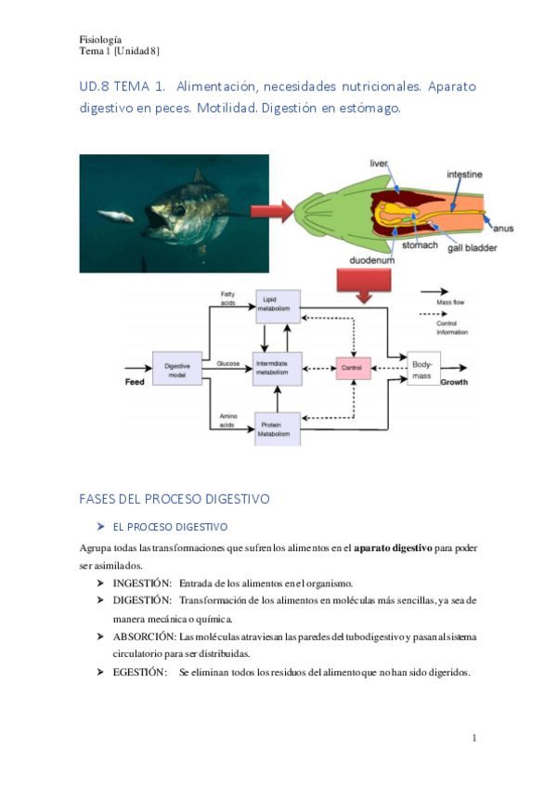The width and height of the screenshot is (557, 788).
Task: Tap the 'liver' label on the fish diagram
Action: pyautogui.click(x=379, y=164)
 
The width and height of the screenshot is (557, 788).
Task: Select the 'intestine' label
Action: pyautogui.click(x=464, y=174)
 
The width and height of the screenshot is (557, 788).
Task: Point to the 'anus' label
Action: pyautogui.click(x=504, y=227)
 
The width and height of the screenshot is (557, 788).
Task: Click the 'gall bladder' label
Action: pyautogui.click(x=472, y=248)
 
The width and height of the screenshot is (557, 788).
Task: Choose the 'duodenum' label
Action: pyautogui.click(x=372, y=261)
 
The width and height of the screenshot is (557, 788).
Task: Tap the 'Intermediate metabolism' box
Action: pyautogui.click(x=277, y=369)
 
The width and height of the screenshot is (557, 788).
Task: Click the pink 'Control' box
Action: pyautogui.click(x=351, y=369)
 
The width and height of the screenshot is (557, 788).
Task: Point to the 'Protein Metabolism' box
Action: pyautogui.click(x=277, y=428)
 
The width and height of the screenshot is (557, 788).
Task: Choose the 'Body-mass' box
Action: pyautogui.click(x=423, y=369)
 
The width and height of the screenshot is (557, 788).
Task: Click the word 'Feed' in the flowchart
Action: pyautogui.click(x=136, y=383)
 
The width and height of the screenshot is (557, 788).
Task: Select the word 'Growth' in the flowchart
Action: pyautogui.click(x=454, y=383)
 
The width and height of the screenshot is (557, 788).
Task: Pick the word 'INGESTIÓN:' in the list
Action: pyautogui.click(x=142, y=583)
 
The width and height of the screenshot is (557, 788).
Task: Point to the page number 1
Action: pyautogui.click(x=473, y=738)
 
